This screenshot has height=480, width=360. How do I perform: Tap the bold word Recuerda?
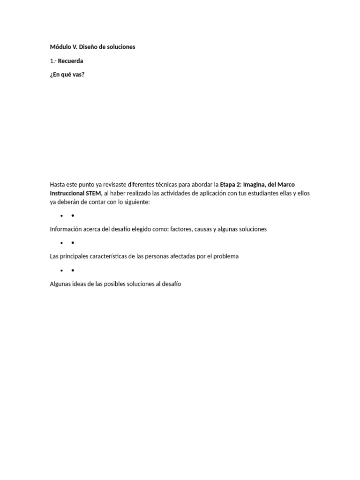[70, 61]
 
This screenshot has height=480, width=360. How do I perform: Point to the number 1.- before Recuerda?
[53, 61]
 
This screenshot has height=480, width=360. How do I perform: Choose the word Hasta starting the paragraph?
[58, 185]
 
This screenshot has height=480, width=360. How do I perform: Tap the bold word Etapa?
[229, 185]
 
